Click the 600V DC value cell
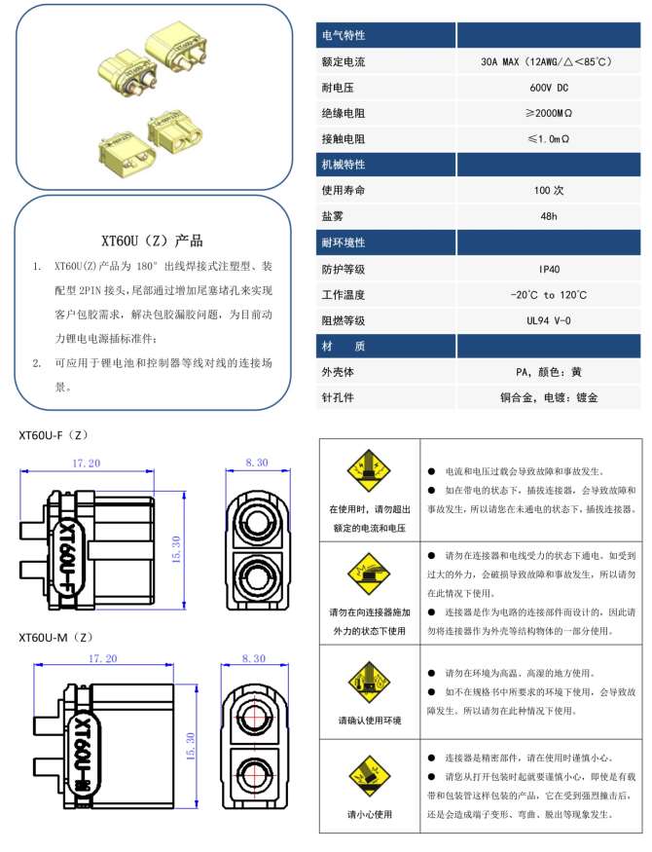click(550, 88)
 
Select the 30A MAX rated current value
click(550, 62)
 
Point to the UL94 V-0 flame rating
click(550, 320)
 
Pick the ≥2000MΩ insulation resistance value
click(550, 114)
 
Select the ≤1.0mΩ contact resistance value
click(550, 139)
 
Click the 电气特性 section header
click(344, 36)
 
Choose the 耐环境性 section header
click(344, 242)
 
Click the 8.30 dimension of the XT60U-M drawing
click(257, 660)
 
